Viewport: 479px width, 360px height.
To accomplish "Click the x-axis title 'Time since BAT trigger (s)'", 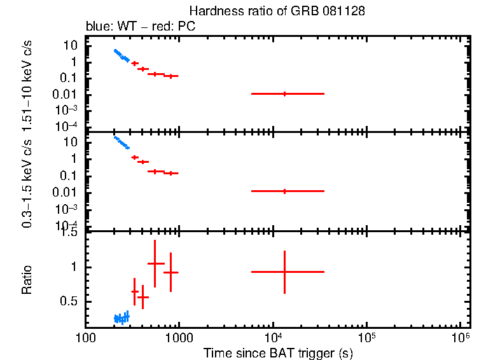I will click(x=278, y=352).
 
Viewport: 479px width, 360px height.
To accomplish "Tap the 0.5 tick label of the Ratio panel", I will click(x=71, y=301).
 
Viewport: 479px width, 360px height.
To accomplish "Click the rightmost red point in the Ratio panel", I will click(x=284, y=272).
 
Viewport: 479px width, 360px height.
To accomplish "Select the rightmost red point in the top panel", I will click(x=284, y=93).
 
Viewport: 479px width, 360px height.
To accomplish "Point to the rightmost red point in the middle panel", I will click(x=284, y=191).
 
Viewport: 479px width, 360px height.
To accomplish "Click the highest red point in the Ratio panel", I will click(x=155, y=263).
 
